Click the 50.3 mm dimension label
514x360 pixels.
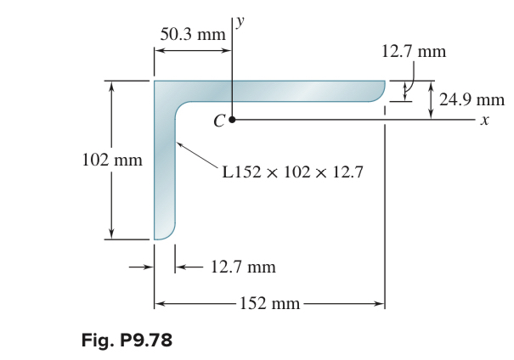(x=193, y=35)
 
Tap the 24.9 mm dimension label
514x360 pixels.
(x=472, y=99)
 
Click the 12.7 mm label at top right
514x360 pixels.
(x=413, y=51)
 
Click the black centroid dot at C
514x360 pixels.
(x=231, y=121)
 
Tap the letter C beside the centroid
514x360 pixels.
(x=218, y=122)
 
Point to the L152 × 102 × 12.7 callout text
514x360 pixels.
(x=292, y=173)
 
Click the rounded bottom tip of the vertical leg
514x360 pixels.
(x=165, y=235)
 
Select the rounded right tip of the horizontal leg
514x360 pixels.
(x=381, y=91)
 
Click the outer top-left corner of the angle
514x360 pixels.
(x=155, y=82)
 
